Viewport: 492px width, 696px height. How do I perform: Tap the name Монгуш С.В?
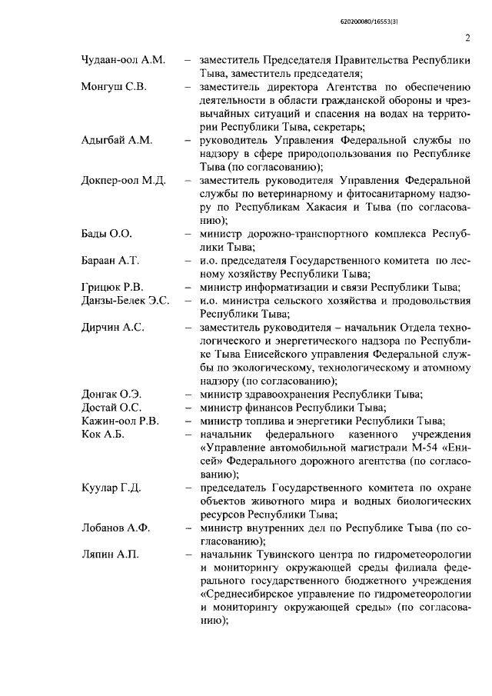[114, 87]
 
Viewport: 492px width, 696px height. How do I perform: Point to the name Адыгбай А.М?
[118, 141]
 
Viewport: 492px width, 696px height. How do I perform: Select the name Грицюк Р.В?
[112, 288]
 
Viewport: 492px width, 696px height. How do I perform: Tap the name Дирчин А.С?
[113, 328]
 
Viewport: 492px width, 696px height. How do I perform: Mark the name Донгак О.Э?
[112, 395]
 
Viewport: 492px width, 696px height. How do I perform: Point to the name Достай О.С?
[111, 408]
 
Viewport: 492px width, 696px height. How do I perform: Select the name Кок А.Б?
[102, 435]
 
